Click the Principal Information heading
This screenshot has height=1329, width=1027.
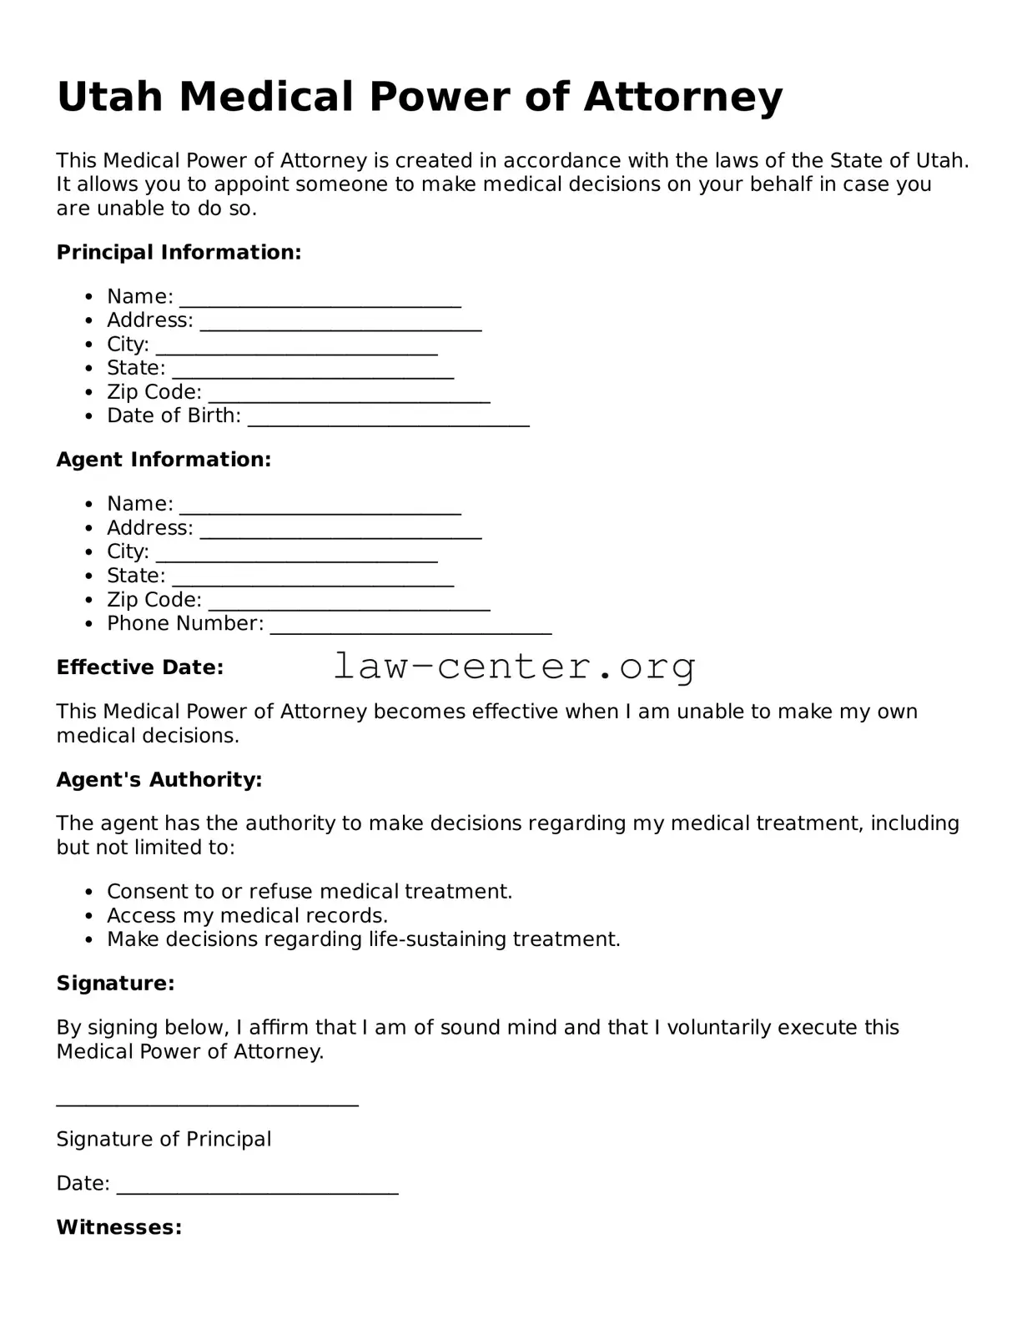coord(179,253)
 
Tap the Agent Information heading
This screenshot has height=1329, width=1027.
coord(164,460)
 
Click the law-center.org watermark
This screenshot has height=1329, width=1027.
coord(514,667)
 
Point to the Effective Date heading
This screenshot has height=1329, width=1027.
coord(139,667)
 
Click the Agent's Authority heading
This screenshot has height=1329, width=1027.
coord(159,780)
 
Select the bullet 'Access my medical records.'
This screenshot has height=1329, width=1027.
coord(247,915)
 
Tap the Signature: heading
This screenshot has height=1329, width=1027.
coord(115,984)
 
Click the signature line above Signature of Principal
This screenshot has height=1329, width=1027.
coord(207,1102)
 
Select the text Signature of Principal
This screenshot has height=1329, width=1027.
coord(164,1140)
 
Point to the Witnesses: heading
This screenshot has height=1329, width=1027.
coord(118,1227)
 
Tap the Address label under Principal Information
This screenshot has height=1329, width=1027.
coord(149,320)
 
